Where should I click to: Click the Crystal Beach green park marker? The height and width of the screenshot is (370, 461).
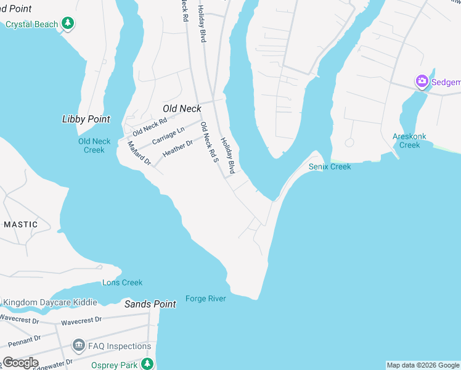68,24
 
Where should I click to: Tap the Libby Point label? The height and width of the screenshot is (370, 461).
86,119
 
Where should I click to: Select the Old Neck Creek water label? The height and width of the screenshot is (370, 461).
94,146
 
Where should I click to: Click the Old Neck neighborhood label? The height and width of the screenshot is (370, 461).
182,109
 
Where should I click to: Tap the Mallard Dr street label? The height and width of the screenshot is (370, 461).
139,153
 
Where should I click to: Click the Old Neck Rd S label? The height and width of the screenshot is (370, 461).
211,143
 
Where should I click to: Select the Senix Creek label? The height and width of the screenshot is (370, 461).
330,166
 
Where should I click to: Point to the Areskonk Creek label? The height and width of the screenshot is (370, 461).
409,141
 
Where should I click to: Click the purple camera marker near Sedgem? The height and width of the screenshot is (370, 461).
422,81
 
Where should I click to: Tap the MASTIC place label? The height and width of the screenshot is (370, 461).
20,224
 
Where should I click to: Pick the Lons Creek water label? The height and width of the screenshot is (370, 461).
122,282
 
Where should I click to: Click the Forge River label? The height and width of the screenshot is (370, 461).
206,299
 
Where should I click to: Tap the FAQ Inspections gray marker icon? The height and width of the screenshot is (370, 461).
78,345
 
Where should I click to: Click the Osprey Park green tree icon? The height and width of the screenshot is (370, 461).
147,364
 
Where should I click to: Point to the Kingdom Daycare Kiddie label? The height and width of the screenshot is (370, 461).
50,302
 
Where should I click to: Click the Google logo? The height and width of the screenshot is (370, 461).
20,363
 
